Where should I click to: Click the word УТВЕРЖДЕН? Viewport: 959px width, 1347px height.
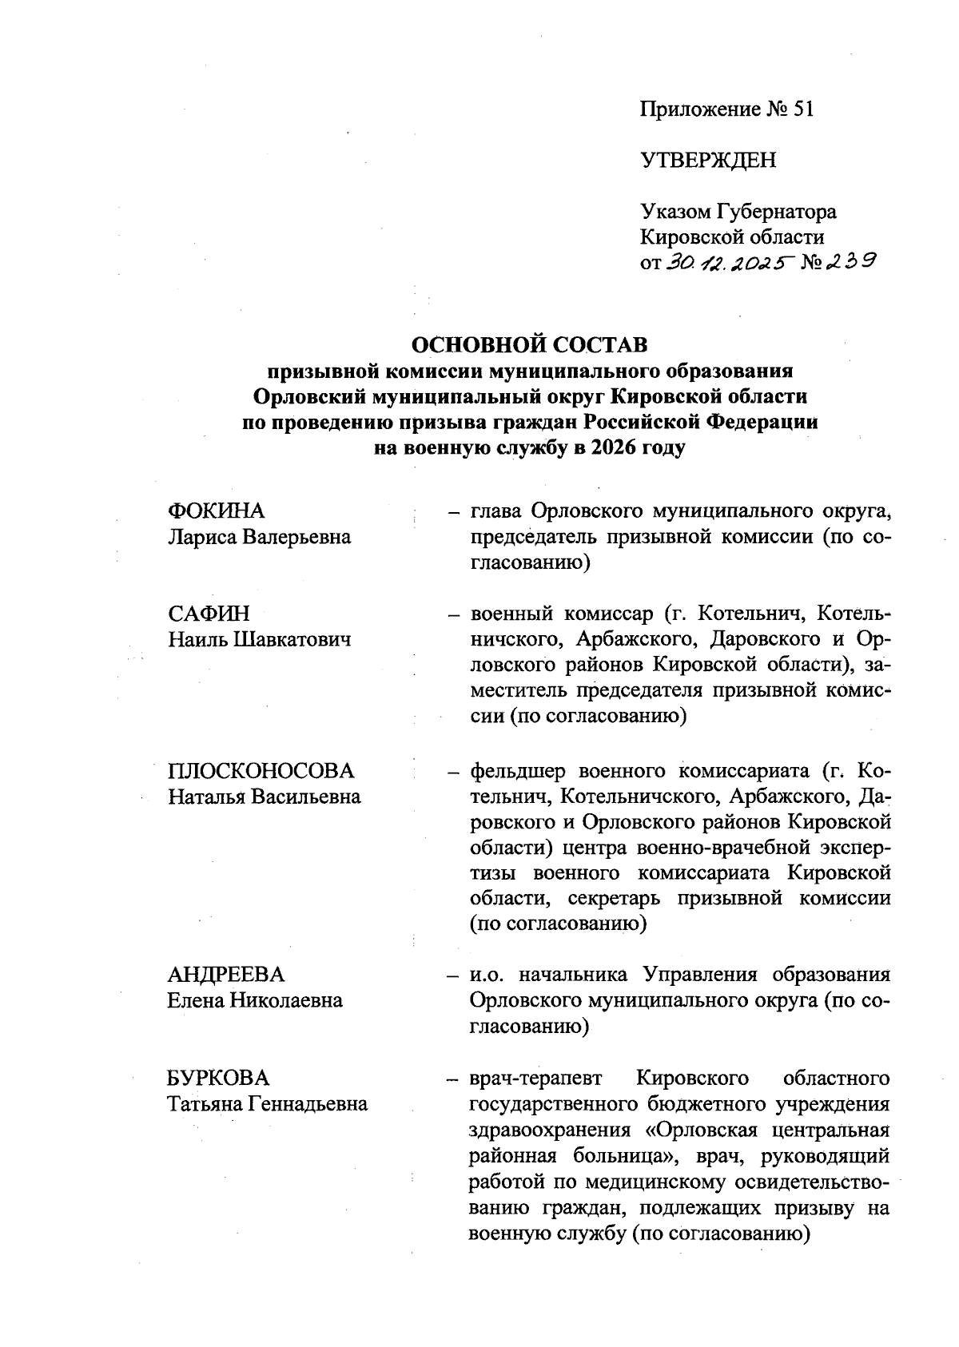pos(708,161)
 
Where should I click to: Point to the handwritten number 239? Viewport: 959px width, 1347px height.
pos(848,260)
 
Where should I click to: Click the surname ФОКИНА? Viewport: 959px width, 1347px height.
pos(216,511)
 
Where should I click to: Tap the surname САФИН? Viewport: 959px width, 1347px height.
pos(209,614)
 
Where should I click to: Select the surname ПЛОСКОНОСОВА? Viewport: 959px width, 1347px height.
pos(261,771)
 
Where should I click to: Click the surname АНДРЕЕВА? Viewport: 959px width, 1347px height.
pos(226,975)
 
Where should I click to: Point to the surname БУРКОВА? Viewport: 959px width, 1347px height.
pos(218,1078)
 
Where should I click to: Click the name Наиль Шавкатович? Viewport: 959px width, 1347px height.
pos(260,639)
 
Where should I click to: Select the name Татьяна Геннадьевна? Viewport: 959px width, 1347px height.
pos(268,1103)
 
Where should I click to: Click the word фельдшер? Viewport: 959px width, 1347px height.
pos(518,771)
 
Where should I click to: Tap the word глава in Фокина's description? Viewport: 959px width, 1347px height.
pos(496,511)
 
